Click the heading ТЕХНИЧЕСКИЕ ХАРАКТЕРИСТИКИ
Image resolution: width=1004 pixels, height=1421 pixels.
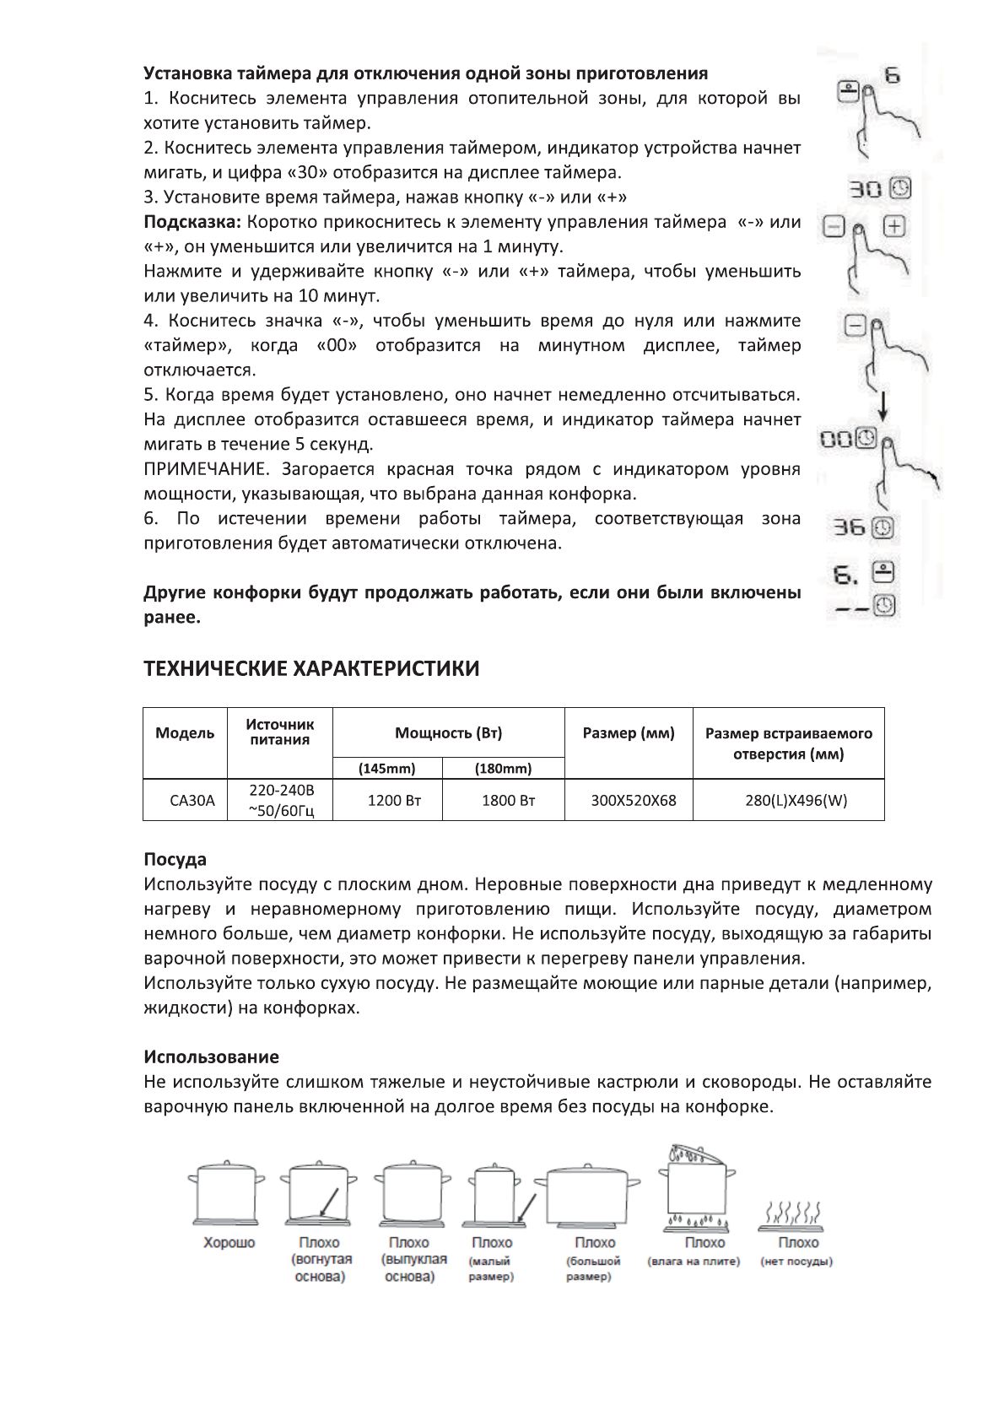tap(311, 669)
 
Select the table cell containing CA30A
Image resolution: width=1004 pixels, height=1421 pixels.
tap(192, 801)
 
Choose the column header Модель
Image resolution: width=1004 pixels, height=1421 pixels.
tap(185, 733)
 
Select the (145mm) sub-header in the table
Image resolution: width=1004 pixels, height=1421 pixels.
tap(387, 769)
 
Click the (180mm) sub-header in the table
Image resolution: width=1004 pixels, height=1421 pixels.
tap(503, 769)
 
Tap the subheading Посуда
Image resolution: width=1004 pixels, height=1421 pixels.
tap(175, 860)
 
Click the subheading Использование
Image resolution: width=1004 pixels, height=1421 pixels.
tap(211, 1057)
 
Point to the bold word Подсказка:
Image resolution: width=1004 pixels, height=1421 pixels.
tap(192, 222)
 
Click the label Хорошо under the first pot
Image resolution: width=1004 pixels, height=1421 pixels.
tap(229, 1243)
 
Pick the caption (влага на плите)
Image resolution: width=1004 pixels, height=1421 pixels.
tap(693, 1262)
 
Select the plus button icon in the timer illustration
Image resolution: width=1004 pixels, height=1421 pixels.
tap(894, 227)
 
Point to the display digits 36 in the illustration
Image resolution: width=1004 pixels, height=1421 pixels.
tap(849, 528)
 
